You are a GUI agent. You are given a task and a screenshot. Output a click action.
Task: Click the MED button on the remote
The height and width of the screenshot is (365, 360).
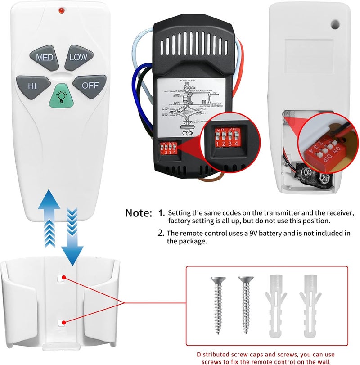click(45, 57)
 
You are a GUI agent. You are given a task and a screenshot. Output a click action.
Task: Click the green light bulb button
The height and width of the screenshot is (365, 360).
click(60, 95)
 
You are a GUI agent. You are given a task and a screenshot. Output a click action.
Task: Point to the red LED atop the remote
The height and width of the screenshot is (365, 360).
click(61, 9)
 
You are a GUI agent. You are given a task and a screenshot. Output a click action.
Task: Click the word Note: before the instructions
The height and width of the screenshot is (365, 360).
click(139, 212)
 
